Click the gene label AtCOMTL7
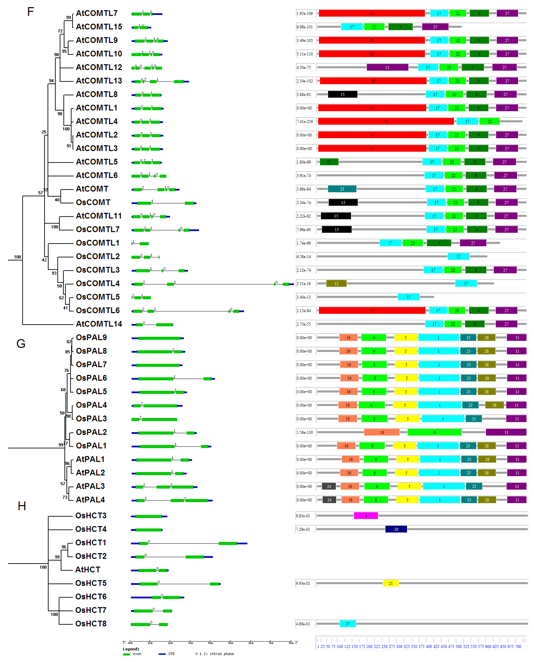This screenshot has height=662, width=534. [97, 13]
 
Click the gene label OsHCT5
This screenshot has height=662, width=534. [91, 583]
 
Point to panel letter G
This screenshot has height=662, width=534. [21, 344]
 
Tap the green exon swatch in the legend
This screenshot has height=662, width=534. [126, 654]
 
